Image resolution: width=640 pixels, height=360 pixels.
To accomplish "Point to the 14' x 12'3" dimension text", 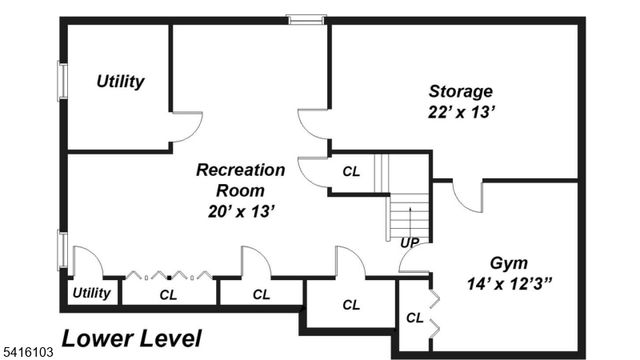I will [510, 284].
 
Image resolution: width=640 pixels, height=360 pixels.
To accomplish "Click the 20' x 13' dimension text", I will [240, 211].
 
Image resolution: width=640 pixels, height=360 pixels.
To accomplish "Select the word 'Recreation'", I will [240, 169].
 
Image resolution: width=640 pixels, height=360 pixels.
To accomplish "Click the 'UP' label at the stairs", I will [409, 243].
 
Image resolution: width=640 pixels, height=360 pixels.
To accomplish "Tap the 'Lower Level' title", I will [131, 338].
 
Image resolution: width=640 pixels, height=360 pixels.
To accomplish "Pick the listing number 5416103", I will [27, 353].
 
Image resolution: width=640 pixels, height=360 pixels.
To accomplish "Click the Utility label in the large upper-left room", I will [120, 81].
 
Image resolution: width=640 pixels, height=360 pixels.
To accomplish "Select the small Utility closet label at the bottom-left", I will [91, 293].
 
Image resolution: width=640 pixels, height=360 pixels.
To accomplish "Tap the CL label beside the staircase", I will [351, 171].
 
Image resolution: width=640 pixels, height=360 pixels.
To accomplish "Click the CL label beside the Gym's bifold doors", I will [413, 318].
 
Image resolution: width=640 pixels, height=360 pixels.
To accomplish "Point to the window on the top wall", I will [306, 18].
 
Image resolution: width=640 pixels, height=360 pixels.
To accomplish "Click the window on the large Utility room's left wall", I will [62, 82].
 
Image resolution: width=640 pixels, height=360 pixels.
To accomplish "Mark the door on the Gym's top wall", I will [467, 196].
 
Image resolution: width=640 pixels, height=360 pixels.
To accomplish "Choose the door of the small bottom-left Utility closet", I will [86, 262].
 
